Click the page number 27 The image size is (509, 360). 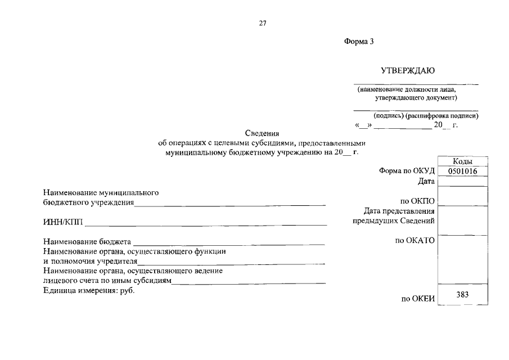[262, 23]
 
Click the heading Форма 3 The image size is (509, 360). [358, 42]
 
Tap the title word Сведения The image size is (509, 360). [262, 133]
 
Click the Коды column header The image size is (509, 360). [462, 161]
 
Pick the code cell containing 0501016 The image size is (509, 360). [462, 171]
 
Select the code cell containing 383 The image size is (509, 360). [462, 294]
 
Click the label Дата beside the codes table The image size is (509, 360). [426, 181]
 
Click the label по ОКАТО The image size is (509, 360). [415, 241]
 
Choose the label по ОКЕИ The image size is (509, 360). [418, 299]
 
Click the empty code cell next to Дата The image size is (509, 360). [462, 181]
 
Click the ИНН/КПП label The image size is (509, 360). [62, 223]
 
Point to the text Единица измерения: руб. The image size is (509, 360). [89, 290]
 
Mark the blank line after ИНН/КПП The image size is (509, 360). [206, 224]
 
